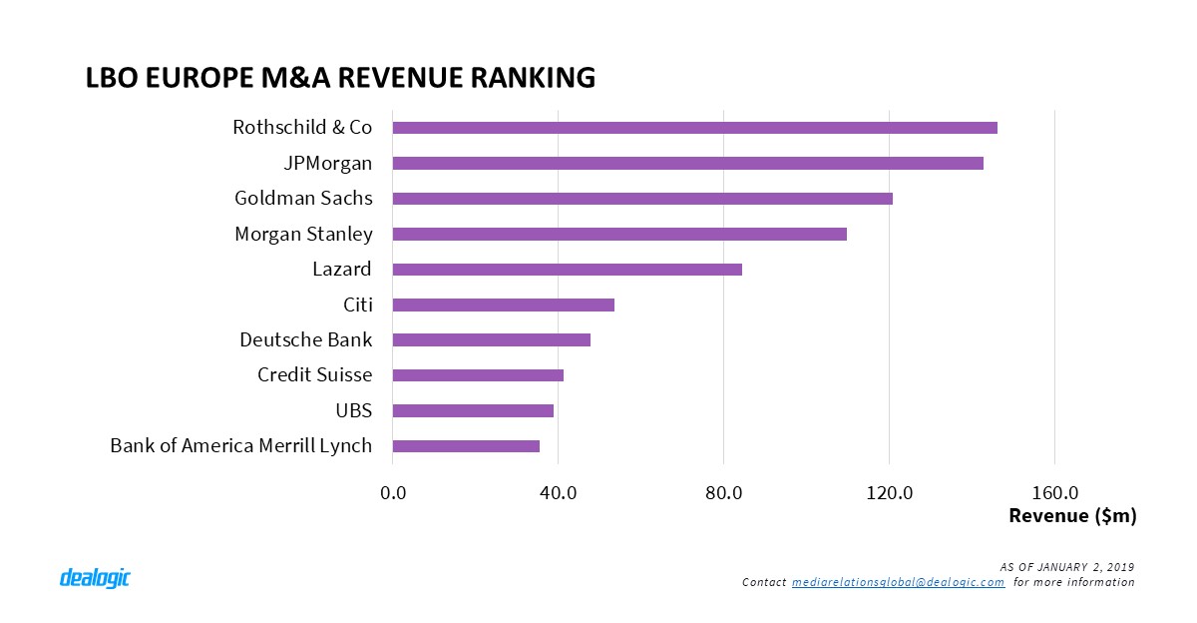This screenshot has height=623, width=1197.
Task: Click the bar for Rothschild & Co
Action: [694, 128]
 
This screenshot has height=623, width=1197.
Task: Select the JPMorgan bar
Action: [687, 164]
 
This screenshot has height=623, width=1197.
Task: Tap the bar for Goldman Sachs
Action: [642, 199]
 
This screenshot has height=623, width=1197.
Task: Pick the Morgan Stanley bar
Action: [619, 235]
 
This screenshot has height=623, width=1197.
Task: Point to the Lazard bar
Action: [567, 270]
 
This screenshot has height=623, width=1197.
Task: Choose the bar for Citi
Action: [503, 306]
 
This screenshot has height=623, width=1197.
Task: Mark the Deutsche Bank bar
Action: [491, 340]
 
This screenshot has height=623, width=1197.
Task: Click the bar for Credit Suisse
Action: [478, 375]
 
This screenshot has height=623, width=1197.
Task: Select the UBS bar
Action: [473, 411]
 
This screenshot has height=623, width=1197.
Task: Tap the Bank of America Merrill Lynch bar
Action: [466, 446]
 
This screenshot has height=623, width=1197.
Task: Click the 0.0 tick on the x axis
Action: [393, 492]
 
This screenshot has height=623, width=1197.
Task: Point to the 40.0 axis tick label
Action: [558, 492]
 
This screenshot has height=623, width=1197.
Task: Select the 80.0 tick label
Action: [723, 492]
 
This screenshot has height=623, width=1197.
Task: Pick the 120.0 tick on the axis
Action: [889, 492]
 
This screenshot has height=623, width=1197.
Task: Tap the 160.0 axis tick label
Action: [1054, 492]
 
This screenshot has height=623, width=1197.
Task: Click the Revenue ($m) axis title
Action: [1072, 516]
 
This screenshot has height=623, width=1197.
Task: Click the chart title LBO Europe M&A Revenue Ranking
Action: [340, 77]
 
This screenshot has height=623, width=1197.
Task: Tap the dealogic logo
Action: [95, 578]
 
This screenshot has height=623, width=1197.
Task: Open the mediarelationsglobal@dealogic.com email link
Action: [898, 582]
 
